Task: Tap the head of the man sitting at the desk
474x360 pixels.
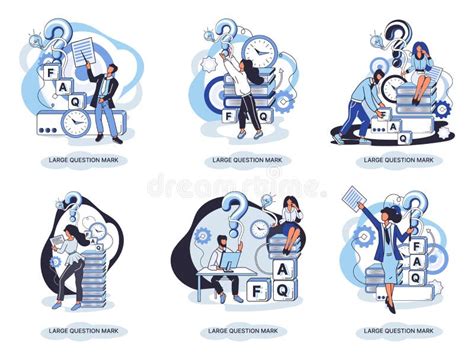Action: click(223, 242)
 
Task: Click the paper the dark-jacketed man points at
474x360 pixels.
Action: click(83, 47)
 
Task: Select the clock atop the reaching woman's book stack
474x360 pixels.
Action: click(258, 49)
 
